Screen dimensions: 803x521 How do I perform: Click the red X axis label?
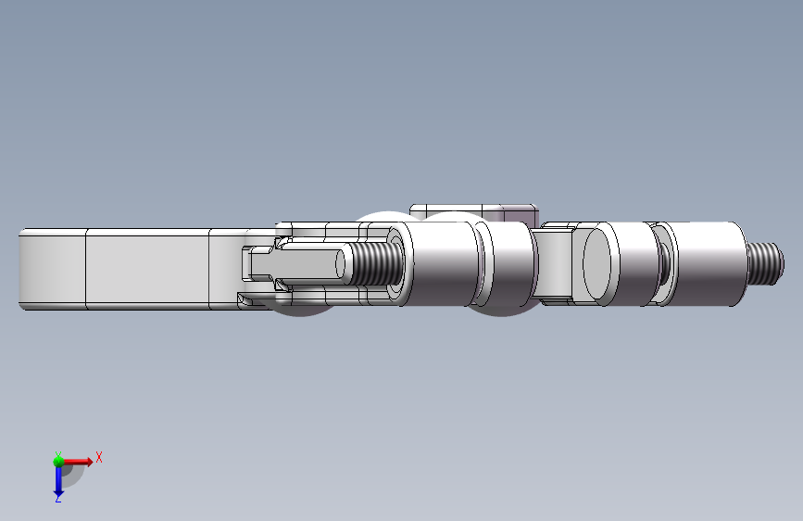[x=99, y=457]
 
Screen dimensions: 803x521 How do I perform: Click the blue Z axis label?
[x=58, y=498]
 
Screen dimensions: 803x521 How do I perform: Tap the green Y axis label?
[x=58, y=455]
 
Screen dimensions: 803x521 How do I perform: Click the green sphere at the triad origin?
[x=58, y=462]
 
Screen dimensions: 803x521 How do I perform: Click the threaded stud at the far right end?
[x=765, y=263]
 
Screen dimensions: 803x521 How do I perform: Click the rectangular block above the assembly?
[x=473, y=212]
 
